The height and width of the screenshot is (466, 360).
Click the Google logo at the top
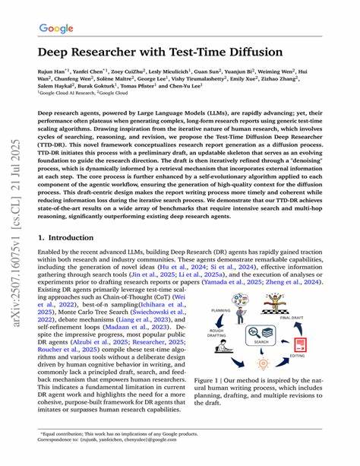[57, 30]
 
